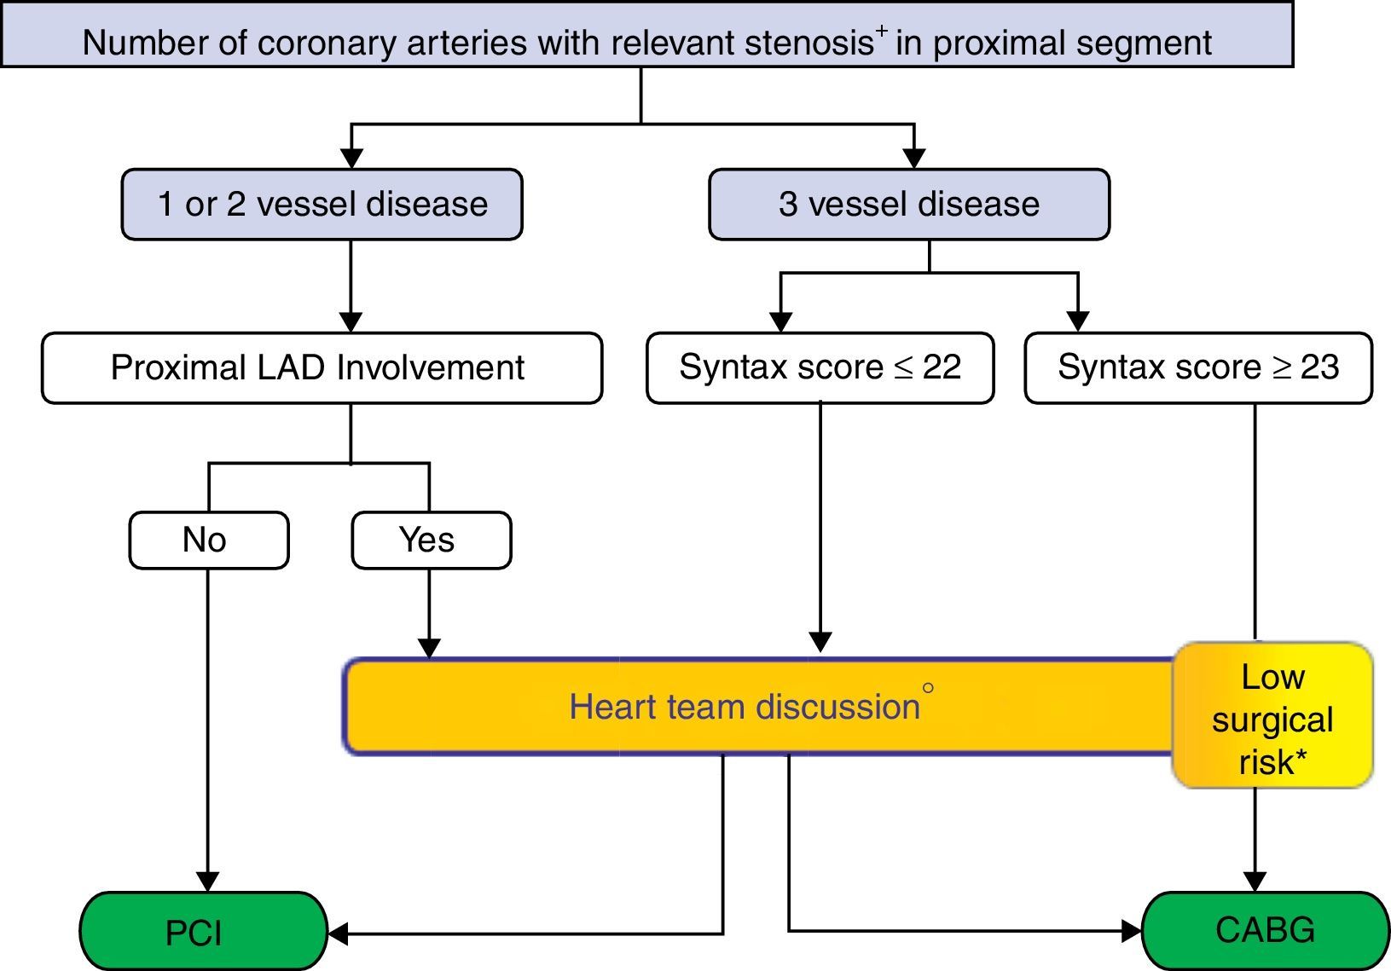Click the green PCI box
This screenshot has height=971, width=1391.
203,932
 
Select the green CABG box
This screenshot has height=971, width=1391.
1265,930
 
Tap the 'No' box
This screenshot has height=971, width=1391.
208,540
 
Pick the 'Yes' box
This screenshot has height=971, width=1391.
431,540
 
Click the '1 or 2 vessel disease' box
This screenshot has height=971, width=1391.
322,205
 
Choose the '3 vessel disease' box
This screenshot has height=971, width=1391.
909,205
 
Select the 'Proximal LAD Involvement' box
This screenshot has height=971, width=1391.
321,367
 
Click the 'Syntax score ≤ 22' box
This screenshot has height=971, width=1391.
820,367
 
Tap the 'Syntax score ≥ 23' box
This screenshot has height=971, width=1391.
1198,367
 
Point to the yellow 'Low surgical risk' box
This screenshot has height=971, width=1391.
1272,716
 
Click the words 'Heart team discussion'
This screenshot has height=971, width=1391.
745,707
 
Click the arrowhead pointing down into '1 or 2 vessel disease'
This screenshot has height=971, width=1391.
351,159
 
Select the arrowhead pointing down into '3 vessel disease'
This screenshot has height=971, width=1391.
914,159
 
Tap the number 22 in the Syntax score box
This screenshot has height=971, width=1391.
942,367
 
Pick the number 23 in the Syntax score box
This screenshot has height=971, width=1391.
1319,367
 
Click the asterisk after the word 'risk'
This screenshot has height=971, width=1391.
1301,757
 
